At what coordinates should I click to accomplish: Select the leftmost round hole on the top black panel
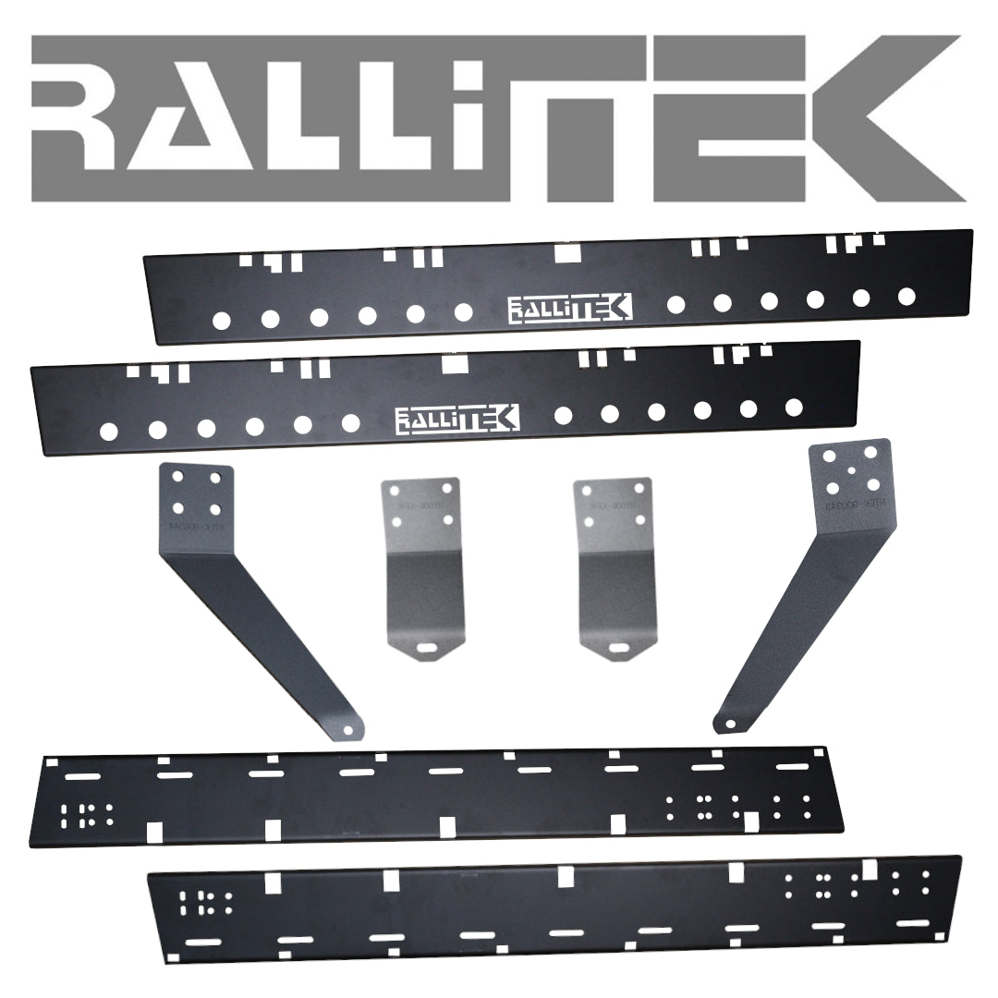point(221,321)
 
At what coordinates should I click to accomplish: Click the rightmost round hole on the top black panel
point(907,296)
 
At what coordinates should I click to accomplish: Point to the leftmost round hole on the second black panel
point(108,431)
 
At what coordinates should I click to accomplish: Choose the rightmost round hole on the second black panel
point(793,406)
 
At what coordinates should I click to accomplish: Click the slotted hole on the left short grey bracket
point(425,649)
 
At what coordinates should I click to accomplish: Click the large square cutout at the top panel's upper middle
point(565,251)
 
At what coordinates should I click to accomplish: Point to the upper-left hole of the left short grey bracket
point(396,492)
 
